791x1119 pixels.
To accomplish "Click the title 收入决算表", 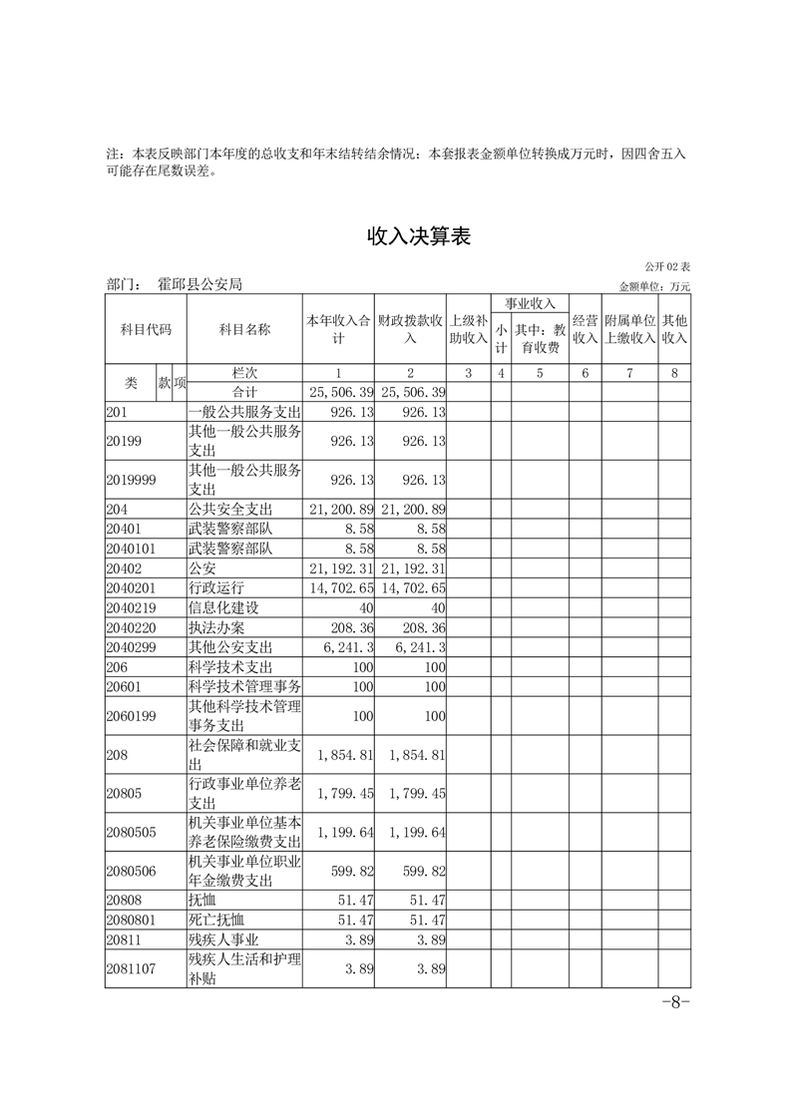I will click(x=419, y=236).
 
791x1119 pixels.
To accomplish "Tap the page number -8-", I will click(x=675, y=1003).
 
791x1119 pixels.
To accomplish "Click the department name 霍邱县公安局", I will click(x=199, y=285).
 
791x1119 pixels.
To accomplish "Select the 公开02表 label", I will click(x=667, y=267).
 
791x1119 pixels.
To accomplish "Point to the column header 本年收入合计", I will click(x=338, y=330).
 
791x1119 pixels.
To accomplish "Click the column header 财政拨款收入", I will click(x=410, y=330).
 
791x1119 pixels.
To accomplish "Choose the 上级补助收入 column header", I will click(x=468, y=330).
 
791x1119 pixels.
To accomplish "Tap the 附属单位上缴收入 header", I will click(x=629, y=330).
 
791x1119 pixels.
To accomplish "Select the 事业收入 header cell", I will click(x=530, y=303).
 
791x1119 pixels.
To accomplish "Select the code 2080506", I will click(x=132, y=871).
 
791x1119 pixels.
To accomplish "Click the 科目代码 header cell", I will click(x=146, y=330).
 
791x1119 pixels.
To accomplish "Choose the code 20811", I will click(x=125, y=938).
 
